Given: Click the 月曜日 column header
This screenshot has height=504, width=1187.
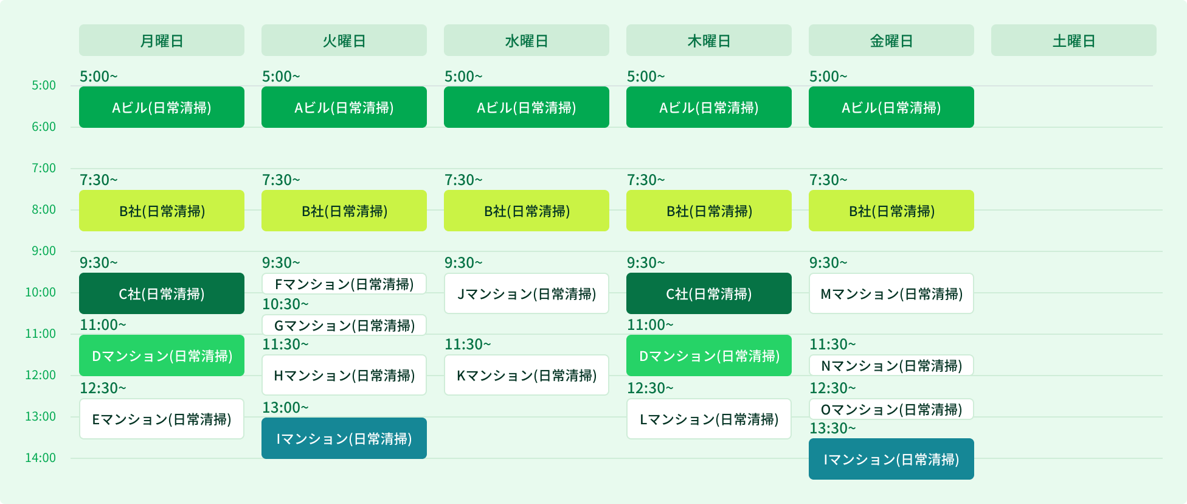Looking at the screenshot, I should coord(162,41).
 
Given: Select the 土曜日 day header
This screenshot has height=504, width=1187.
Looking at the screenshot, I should coord(1074,41).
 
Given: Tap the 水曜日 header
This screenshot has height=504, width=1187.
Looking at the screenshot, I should coord(527,41).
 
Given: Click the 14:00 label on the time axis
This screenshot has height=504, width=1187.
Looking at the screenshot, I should coord(41,458).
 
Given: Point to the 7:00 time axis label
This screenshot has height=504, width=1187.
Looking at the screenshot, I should coord(44,168).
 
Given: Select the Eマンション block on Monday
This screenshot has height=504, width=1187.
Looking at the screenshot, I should coord(162,419).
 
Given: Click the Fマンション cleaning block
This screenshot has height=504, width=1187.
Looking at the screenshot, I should coord(344,284).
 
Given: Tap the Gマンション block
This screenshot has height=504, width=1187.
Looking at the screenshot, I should coord(344,325).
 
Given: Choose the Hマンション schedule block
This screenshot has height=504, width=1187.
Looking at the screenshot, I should coord(344,375).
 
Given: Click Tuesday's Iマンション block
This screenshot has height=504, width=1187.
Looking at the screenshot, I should coord(344,438).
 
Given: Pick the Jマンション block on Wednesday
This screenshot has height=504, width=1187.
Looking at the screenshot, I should coord(527,293).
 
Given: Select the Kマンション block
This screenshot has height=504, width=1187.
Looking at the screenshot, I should coord(527,375).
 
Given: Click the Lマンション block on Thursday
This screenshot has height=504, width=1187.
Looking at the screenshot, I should coord(709,419).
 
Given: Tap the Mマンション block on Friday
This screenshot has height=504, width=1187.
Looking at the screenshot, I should coord(891,293).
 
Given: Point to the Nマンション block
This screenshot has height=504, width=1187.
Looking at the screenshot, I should coord(891,365).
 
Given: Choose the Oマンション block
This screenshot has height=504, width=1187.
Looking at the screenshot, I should coord(891,409).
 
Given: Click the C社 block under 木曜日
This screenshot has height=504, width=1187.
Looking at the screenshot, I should coord(709,293).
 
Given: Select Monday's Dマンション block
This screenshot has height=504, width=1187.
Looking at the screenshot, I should coord(162,355).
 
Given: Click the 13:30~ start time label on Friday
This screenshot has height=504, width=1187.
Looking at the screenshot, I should coord(832,429).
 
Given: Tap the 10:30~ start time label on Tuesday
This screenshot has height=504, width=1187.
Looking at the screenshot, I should coord(285,304).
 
